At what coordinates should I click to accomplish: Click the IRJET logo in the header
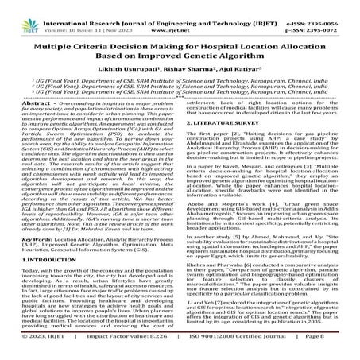25,11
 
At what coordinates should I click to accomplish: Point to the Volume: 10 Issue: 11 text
82,16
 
